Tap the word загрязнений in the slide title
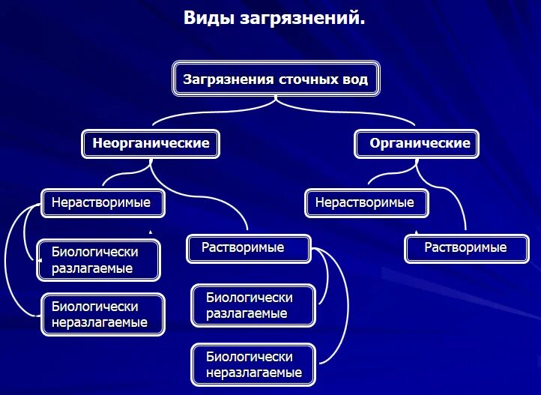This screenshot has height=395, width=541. pyautogui.click(x=303, y=19)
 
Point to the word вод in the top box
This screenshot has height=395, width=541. pyautogui.click(x=354, y=79)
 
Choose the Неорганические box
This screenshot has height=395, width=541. pyautogui.click(x=151, y=142)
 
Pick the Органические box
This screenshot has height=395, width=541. pyautogui.click(x=416, y=142)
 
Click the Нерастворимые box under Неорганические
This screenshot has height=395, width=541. pyautogui.click(x=100, y=202)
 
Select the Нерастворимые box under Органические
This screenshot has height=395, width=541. pyautogui.click(x=365, y=202)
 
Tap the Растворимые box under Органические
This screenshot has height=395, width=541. pyautogui.click(x=465, y=247)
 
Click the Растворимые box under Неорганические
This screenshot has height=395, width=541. pyautogui.click(x=247, y=247)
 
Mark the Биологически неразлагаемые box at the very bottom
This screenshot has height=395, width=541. pyautogui.click(x=253, y=364)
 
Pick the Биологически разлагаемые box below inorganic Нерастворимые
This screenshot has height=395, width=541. pyautogui.click(x=98, y=259)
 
